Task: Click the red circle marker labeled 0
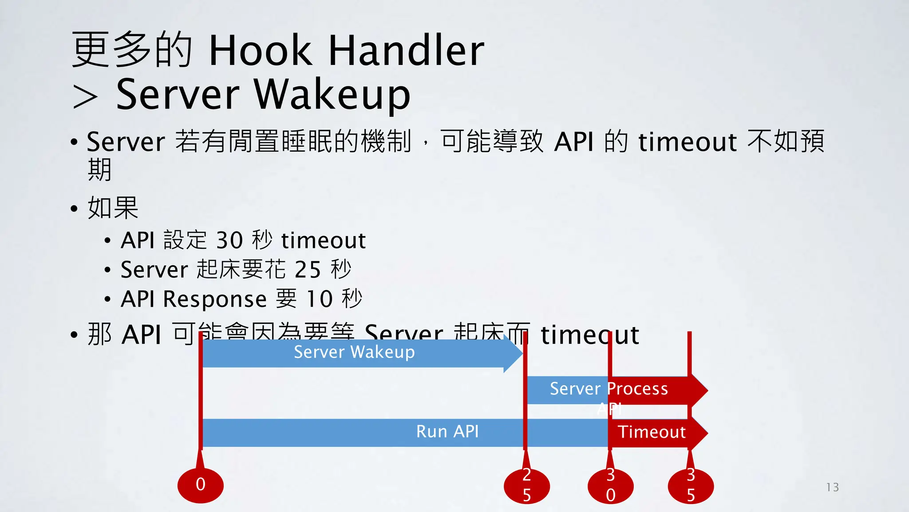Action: (x=201, y=485)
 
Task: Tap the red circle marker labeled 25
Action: (x=527, y=485)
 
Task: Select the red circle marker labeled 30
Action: (x=611, y=485)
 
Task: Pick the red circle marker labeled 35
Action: (x=691, y=485)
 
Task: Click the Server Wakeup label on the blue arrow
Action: (x=354, y=352)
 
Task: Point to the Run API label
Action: (x=447, y=432)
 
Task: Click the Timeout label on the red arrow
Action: (x=652, y=432)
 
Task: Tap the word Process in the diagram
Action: (x=637, y=389)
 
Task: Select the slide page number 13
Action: (x=833, y=488)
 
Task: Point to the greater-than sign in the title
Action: (x=85, y=97)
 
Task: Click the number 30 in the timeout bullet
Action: (x=229, y=240)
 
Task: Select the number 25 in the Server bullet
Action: (x=308, y=270)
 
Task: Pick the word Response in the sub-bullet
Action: (x=215, y=299)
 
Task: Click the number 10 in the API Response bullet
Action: (x=320, y=299)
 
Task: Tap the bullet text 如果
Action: (x=113, y=208)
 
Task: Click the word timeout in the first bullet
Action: (x=687, y=142)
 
